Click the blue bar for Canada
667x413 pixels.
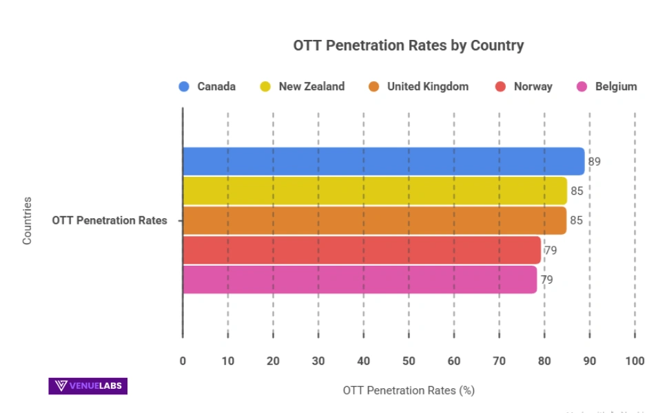click(x=383, y=161)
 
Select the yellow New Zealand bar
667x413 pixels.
click(x=374, y=191)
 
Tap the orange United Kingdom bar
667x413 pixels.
click(x=374, y=220)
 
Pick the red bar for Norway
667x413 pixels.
click(x=361, y=250)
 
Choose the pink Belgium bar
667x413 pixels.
click(x=359, y=279)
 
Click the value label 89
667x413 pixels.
click(x=594, y=162)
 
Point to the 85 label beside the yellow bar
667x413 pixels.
click(x=577, y=191)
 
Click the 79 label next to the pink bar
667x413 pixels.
click(x=546, y=279)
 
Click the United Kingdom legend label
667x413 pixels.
click(x=427, y=87)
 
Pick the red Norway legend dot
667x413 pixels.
click(x=500, y=87)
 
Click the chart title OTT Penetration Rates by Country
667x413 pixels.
click(x=408, y=46)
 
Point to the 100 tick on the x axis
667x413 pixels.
click(x=635, y=361)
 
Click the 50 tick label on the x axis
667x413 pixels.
click(x=409, y=361)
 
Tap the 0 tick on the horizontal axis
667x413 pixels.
click(x=183, y=361)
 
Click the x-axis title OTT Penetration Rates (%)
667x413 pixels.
click(x=409, y=390)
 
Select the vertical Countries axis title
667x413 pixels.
click(x=28, y=220)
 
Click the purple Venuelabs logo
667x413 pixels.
click(x=88, y=385)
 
